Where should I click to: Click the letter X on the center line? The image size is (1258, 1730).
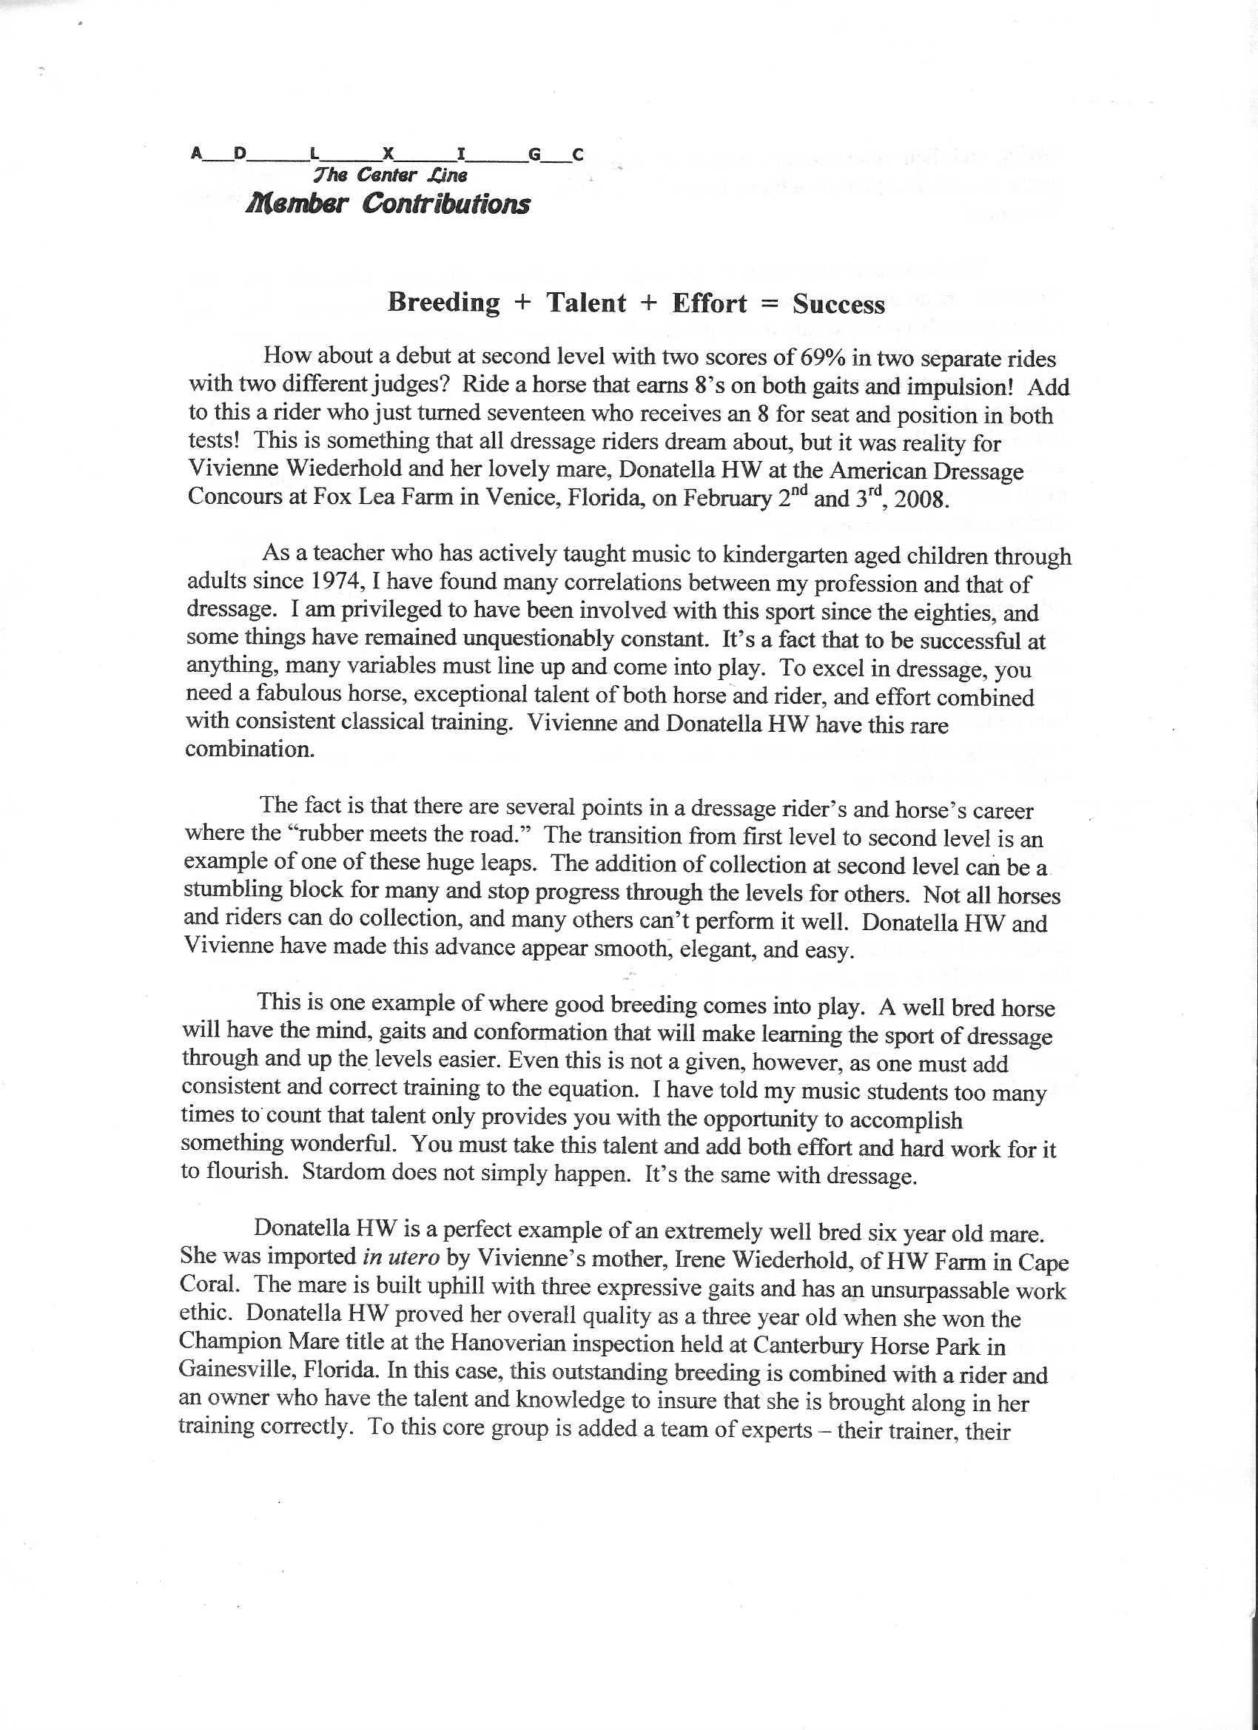tap(388, 154)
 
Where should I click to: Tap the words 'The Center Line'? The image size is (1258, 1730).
tap(390, 175)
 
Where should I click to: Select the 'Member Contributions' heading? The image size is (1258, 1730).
tap(387, 203)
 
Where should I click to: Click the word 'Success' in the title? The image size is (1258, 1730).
tap(838, 304)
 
